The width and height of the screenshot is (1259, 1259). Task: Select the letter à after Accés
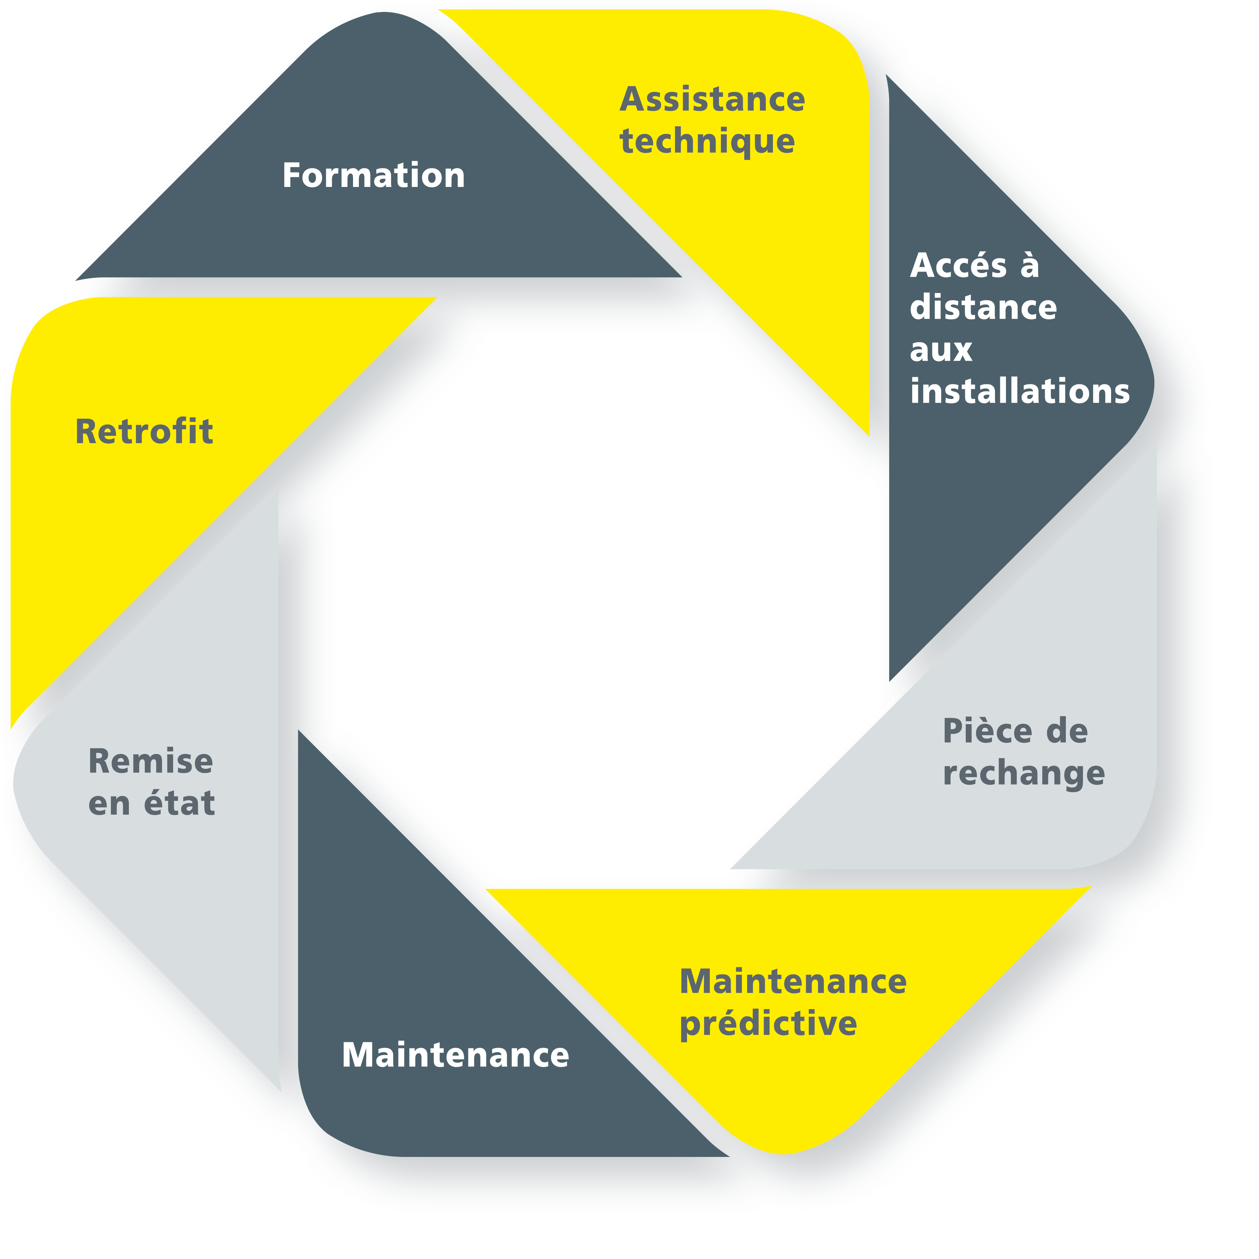point(1030,265)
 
